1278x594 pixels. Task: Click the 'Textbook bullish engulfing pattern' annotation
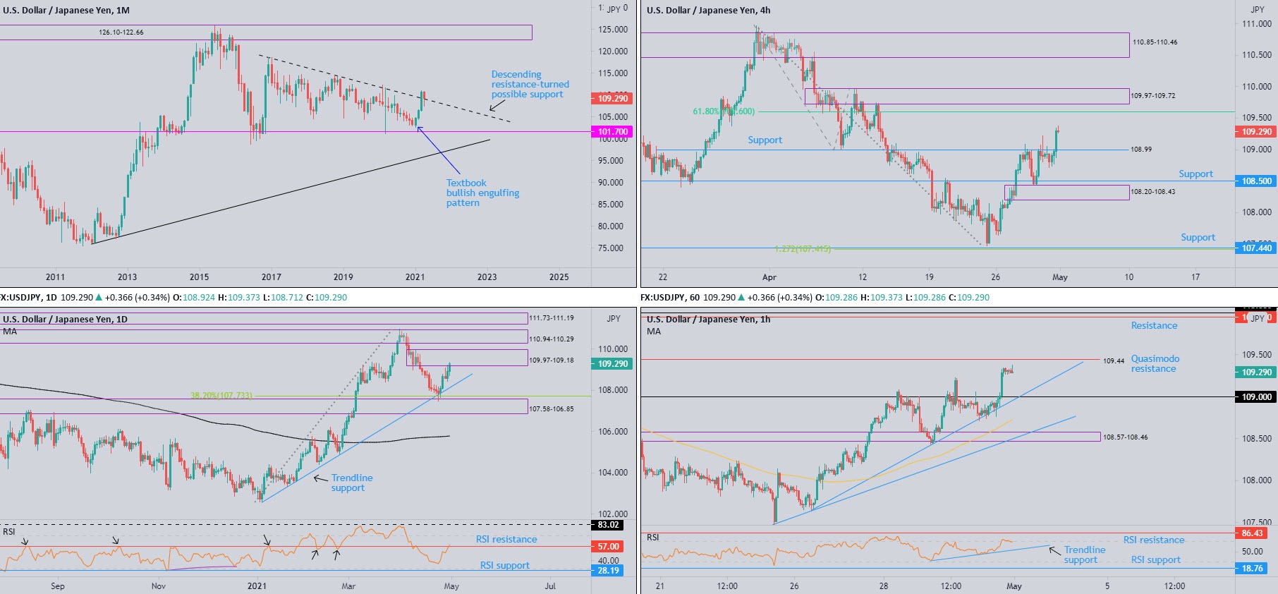pyautogui.click(x=482, y=193)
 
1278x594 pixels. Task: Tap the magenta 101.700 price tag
pyautogui.click(x=612, y=132)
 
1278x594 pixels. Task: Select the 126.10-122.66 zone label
pyautogui.click(x=121, y=32)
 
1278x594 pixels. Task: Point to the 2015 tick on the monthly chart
pyautogui.click(x=199, y=277)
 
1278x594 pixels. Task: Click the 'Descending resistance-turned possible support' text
pyautogui.click(x=530, y=85)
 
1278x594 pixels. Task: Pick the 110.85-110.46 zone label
pyautogui.click(x=1155, y=42)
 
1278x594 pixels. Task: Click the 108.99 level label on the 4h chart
pyautogui.click(x=1141, y=150)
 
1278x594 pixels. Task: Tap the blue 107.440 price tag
pyautogui.click(x=1256, y=248)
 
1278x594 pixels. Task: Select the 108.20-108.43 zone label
pyautogui.click(x=1153, y=192)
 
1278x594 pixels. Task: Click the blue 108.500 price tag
pyautogui.click(x=1256, y=181)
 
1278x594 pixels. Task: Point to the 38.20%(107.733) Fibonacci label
pyautogui.click(x=221, y=396)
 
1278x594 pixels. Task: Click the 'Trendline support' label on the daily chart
pyautogui.click(x=351, y=483)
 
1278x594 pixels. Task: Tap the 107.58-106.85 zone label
pyautogui.click(x=552, y=409)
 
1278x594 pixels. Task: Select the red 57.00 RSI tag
pyautogui.click(x=608, y=547)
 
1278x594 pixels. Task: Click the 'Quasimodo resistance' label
pyautogui.click(x=1155, y=363)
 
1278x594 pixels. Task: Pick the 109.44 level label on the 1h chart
pyautogui.click(x=1114, y=361)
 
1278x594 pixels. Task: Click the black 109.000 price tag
pyautogui.click(x=1256, y=397)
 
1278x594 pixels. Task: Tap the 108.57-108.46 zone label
pyautogui.click(x=1125, y=437)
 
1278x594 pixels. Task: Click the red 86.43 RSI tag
pyautogui.click(x=1256, y=533)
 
